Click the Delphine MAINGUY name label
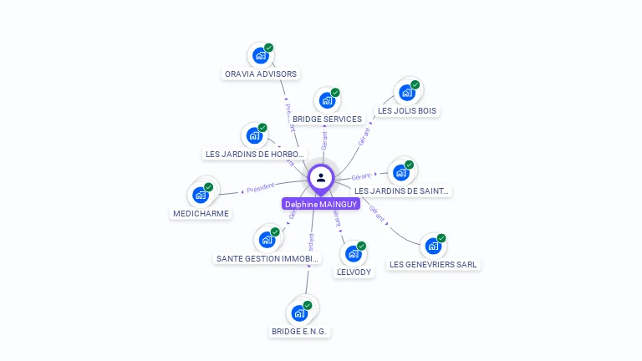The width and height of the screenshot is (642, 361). click(321, 204)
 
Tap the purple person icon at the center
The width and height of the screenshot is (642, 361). click(321, 177)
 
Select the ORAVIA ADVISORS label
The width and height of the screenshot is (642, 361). click(261, 74)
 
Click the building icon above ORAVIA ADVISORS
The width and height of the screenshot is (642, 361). click(261, 55)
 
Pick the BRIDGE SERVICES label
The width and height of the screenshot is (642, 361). click(327, 119)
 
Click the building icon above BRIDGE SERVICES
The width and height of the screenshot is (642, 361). click(327, 100)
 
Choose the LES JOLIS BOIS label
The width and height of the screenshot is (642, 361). click(407, 110)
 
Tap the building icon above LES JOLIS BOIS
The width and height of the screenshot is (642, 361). click(406, 92)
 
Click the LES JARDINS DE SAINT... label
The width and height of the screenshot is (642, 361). click(402, 191)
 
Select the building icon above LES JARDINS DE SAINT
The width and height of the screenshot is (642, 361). click(401, 172)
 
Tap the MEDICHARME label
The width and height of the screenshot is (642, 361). click(201, 213)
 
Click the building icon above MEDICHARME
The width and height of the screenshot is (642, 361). click(201, 195)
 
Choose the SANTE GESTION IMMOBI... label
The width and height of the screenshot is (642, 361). click(267, 258)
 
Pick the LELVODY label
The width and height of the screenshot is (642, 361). click(354, 272)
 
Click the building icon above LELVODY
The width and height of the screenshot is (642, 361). click(354, 253)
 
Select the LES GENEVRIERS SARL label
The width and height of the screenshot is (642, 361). click(433, 264)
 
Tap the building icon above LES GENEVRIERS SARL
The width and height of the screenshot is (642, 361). click(433, 246)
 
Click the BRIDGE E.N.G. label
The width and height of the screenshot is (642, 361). click(299, 331)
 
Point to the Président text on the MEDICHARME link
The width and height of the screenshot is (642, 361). click(261, 187)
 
